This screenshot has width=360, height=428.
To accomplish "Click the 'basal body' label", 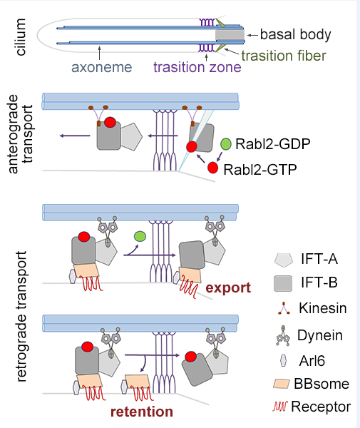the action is click(295, 34).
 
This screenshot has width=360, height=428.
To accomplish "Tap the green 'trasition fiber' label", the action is click(284, 56).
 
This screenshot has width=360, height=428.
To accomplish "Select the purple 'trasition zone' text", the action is click(197, 67).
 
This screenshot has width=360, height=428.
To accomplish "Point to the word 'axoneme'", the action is click(101, 67).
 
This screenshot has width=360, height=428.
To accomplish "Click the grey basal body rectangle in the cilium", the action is click(230, 35).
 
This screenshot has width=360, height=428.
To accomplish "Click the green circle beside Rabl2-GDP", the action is click(226, 144).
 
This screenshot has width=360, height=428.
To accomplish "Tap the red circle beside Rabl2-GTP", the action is click(212, 168).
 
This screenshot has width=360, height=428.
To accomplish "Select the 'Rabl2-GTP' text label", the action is click(260, 170).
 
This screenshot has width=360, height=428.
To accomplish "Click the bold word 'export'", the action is click(228, 288).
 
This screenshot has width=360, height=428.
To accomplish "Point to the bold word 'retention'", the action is click(142, 412).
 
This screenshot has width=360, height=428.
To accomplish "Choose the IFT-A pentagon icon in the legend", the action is click(284, 260).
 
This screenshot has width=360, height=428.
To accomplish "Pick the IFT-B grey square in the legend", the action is click(283, 283).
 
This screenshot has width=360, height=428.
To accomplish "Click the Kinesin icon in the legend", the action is click(284, 308).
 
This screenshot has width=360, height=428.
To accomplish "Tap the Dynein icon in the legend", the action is click(283, 336).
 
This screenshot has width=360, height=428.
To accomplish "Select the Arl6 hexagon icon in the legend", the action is click(283, 360).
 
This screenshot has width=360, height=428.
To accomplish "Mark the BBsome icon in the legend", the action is click(281, 384).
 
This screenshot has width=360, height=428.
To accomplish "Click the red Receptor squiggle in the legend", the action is click(280, 407).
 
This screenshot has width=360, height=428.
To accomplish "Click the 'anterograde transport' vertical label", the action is click(21, 134).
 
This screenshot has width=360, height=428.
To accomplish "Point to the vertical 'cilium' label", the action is click(20, 37).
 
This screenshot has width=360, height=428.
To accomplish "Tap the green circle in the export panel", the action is click(140, 236).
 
